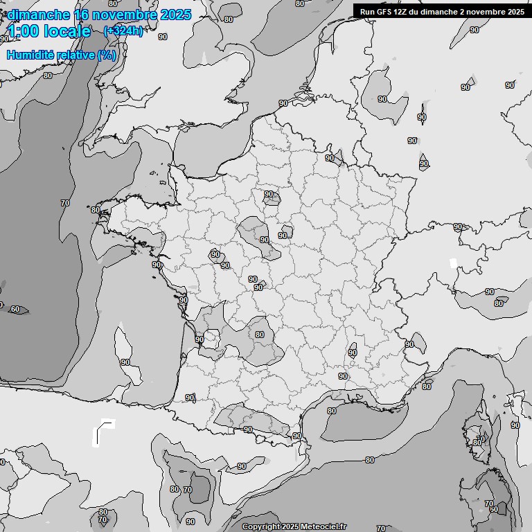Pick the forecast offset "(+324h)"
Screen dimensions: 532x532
pyautogui.click(x=123, y=31)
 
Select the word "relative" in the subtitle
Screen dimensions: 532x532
pyautogui.click(x=74, y=55)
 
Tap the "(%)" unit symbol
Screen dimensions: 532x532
pyautogui.click(x=107, y=55)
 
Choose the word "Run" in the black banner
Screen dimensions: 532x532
pyautogui.click(x=366, y=12)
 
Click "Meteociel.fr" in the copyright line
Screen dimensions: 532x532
pyautogui.click(x=323, y=527)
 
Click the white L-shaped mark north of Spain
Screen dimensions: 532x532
pyautogui.click(x=103, y=431)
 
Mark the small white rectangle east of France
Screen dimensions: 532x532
pyautogui.click(x=454, y=263)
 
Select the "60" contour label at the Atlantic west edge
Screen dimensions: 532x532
pyautogui.click(x=15, y=309)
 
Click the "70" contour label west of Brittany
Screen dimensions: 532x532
pyautogui.click(x=65, y=203)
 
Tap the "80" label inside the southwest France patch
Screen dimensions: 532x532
pyautogui.click(x=260, y=335)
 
